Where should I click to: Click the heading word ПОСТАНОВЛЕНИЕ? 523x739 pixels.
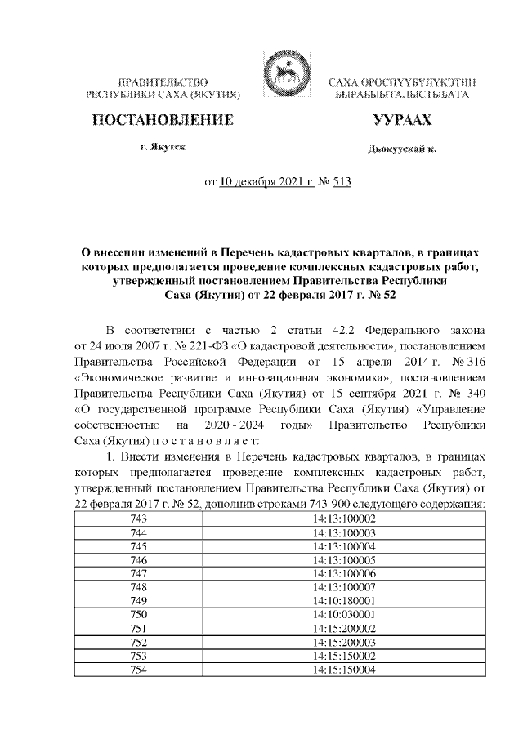pos(163,121)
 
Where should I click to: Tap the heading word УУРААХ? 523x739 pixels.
pos(402,121)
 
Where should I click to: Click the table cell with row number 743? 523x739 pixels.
pos(139,519)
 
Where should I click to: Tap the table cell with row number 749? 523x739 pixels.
pos(139,598)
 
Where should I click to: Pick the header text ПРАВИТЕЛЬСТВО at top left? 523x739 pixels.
pos(163,83)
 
